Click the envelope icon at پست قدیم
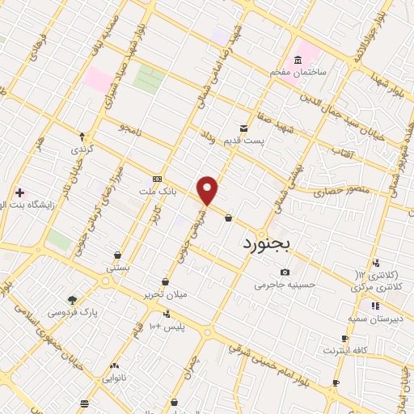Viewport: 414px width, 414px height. (x=243, y=129)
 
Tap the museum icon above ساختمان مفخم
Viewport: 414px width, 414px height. (x=298, y=61)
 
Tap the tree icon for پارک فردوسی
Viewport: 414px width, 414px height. (x=73, y=299)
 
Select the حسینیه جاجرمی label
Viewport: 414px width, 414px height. (x=281, y=285)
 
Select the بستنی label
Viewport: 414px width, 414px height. (x=118, y=266)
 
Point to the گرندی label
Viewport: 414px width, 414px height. (x=82, y=150)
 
